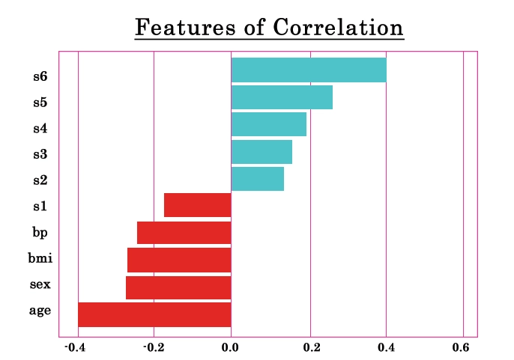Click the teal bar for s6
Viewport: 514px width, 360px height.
[x=309, y=70]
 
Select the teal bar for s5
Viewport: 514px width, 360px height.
[x=282, y=97]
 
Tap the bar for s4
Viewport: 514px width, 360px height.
[x=269, y=124]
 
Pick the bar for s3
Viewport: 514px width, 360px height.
[x=261, y=152]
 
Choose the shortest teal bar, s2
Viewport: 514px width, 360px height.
[x=258, y=179]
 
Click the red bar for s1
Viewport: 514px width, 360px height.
[x=198, y=205]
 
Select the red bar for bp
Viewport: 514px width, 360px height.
[x=184, y=233]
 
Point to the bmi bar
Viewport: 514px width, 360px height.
[x=179, y=260]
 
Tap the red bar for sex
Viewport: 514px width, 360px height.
[x=178, y=287]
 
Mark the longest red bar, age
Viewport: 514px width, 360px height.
[x=154, y=314]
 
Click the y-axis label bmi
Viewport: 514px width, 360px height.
[x=40, y=258]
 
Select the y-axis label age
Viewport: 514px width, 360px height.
[x=40, y=311]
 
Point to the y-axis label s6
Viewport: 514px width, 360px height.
[x=40, y=76]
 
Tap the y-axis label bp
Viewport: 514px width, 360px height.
[x=40, y=233]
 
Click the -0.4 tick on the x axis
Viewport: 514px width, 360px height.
[x=75, y=347]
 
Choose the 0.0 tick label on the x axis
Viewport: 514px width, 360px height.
[x=230, y=347]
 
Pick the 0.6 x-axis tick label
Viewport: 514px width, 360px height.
[x=461, y=347]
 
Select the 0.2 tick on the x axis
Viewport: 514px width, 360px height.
[x=312, y=347]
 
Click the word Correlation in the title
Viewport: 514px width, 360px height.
[x=338, y=27]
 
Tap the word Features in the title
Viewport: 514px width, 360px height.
[x=185, y=27]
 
